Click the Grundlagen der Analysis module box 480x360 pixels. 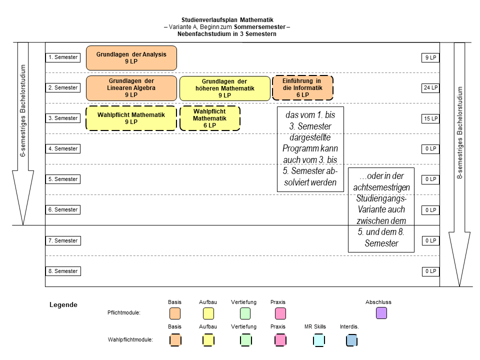pos(131,58)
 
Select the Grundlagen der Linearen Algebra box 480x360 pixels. pos(131,88)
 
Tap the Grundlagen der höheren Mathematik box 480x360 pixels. pos(224,88)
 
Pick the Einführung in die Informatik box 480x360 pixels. pos(302,88)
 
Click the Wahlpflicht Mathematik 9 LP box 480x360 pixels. pos(131,118)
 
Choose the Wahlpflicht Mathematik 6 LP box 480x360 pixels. pos(209,118)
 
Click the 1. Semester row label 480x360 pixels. pos(63,57)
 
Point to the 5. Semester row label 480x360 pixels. pos(63,179)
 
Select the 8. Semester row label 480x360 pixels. pos(63,271)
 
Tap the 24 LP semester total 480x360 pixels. pos(430,88)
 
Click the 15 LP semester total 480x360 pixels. pos(430,118)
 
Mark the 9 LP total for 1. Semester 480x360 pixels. pos(430,57)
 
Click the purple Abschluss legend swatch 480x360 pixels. pos(381,313)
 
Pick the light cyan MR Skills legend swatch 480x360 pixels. pos(318,340)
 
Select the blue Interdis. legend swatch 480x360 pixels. pos(351,340)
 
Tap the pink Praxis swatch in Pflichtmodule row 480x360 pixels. pos(280,313)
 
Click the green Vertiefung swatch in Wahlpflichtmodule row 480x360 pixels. pos(245,340)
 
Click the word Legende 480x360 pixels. pos(63,304)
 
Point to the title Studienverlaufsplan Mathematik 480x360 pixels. pos(227,20)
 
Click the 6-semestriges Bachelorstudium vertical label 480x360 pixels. pos(23,110)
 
